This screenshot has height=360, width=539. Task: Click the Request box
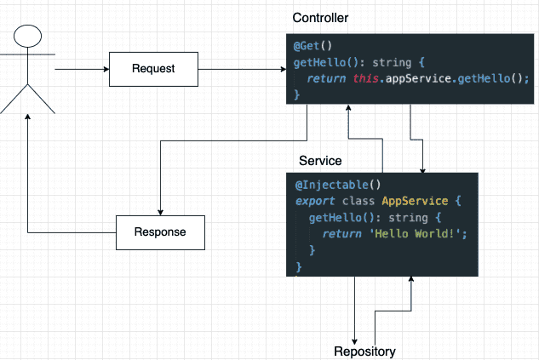(x=153, y=69)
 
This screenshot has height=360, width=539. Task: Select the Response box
(x=160, y=232)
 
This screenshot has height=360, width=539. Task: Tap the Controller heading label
(x=320, y=18)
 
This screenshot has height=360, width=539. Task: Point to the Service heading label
(x=320, y=161)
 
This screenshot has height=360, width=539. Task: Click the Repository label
(x=364, y=351)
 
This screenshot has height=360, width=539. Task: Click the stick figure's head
(x=27, y=36)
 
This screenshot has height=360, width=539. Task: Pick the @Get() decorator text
(x=313, y=46)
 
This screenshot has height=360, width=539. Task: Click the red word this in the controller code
(x=366, y=78)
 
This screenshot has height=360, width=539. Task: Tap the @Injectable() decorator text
(x=338, y=185)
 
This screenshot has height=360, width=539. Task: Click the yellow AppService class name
(x=415, y=201)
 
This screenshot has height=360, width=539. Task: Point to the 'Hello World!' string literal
(x=416, y=233)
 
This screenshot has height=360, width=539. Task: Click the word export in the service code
(x=315, y=201)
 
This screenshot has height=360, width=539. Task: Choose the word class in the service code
(x=358, y=201)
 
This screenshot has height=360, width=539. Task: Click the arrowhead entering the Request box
(x=106, y=69)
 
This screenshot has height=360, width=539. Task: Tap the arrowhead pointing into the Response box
(x=160, y=213)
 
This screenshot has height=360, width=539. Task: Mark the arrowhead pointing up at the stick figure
(x=28, y=117)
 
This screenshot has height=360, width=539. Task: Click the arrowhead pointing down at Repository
(x=354, y=341)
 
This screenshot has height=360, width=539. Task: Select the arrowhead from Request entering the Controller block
(x=284, y=69)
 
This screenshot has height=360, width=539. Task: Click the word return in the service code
(x=341, y=233)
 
